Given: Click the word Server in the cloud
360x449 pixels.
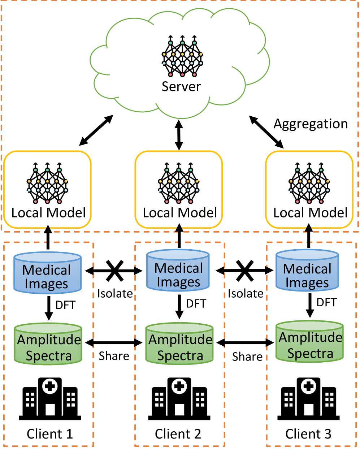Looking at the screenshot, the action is (x=181, y=86).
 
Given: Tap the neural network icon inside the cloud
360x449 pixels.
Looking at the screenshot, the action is (x=182, y=56).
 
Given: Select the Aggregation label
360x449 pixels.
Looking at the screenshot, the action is (x=311, y=124).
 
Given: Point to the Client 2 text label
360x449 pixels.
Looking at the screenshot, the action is (x=178, y=434).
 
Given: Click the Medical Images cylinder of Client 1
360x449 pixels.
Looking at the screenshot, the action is (x=48, y=273).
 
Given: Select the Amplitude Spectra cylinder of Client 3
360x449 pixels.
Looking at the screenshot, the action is (x=309, y=341).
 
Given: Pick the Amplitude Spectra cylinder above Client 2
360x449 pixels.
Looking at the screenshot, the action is (x=179, y=344).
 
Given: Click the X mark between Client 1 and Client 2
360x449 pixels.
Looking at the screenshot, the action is (x=115, y=271).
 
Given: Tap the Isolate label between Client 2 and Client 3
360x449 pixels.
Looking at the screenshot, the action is (x=246, y=294).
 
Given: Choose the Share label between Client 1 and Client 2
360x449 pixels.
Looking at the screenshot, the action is (x=114, y=356).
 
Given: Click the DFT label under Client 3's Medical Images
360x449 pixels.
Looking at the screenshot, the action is (x=326, y=302).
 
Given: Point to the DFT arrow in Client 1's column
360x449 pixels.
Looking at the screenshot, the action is (x=49, y=308).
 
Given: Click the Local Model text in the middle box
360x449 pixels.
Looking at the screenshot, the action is (x=180, y=213).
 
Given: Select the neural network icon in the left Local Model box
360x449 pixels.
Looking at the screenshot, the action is (x=47, y=183).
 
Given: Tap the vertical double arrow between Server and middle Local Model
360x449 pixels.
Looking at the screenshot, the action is (x=179, y=135).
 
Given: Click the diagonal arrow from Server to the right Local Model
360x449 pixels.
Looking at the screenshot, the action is (x=266, y=132).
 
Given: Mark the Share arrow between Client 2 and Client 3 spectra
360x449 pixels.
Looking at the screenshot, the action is (x=245, y=342).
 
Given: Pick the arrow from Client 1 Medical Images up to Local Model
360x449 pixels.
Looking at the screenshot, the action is (x=48, y=237).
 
